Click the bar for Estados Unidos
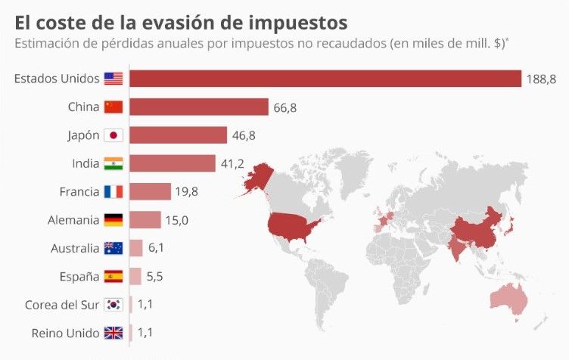click(x=325, y=79)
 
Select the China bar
click(x=199, y=107)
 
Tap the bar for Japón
click(x=179, y=135)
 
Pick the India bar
click(x=173, y=163)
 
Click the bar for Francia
click(x=151, y=191)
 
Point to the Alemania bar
click(x=145, y=220)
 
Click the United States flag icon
click(x=113, y=79)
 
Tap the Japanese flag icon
click(x=113, y=135)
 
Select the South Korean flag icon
click(x=113, y=305)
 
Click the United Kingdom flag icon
click(x=113, y=333)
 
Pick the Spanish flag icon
click(x=113, y=277)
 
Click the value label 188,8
click(x=543, y=79)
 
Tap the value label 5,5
click(x=154, y=277)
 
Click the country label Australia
click(x=75, y=248)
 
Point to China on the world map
click(x=475, y=227)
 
